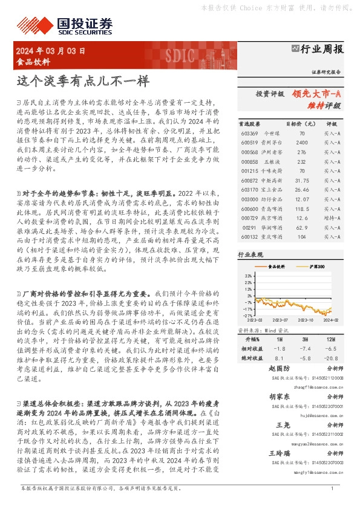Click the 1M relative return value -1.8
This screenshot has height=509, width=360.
(279, 349)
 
